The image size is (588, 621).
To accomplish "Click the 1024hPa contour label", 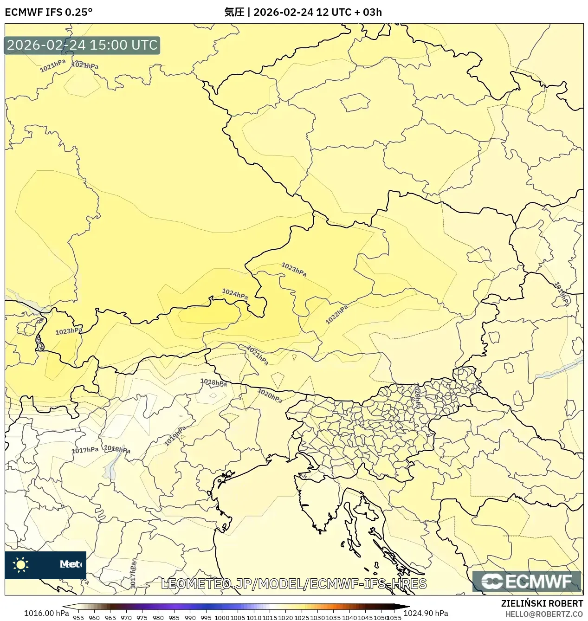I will point(235,294).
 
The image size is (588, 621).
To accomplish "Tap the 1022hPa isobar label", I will point(336,315).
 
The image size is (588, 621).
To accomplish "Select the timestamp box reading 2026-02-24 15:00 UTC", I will point(82,45).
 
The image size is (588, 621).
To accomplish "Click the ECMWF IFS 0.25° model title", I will point(49,12).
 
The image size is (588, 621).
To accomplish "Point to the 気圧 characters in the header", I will point(234,12).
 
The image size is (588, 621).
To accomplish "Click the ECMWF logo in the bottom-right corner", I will point(527,582).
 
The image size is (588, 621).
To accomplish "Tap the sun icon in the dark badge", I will point(21,564).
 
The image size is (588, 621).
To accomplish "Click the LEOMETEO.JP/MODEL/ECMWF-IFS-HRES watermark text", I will point(294,584).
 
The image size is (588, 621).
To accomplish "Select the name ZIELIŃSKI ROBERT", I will point(542,603).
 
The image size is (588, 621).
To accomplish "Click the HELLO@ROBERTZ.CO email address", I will point(544,614).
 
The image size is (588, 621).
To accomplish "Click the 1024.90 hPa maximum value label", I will point(426,613).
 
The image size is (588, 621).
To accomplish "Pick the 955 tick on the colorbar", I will point(78,618).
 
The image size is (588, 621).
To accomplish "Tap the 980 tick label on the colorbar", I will point(158,618).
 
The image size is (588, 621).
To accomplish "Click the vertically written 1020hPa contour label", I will point(417,395).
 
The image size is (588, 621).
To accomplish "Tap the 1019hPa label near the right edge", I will point(562,294).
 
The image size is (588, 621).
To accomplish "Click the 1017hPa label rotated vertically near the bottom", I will point(133,575).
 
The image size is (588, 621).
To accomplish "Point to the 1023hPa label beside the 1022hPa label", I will point(294,269).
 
